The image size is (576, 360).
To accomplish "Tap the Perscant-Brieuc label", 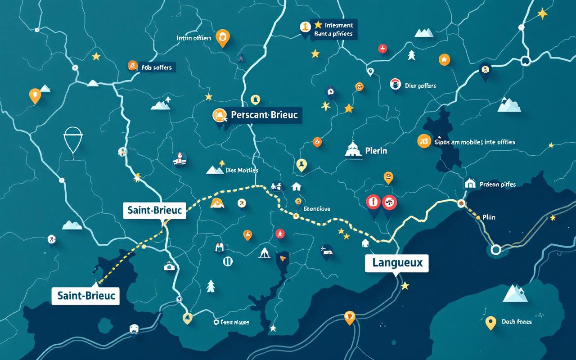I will click(264, 115).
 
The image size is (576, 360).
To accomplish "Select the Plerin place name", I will click(376, 151).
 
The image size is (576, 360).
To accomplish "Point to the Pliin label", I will click(489, 217).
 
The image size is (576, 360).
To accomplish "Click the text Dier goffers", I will click(420, 85).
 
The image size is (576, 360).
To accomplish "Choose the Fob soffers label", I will click(156, 67).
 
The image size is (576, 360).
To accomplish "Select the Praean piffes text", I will click(498, 184).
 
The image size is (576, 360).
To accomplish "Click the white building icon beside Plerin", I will click(353, 149).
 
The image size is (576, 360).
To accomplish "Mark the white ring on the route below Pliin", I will click(496, 249).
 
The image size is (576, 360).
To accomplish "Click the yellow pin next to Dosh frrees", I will click(490, 322).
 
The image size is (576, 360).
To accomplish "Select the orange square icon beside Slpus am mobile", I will click(424, 141).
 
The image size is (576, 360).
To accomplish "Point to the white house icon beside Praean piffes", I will click(470, 183).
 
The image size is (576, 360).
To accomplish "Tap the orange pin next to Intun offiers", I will click(222, 37).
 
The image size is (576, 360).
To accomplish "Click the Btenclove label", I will click(317, 209).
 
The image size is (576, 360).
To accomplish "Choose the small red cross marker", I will click(382, 48).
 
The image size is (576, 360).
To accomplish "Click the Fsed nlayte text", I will click(234, 322).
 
